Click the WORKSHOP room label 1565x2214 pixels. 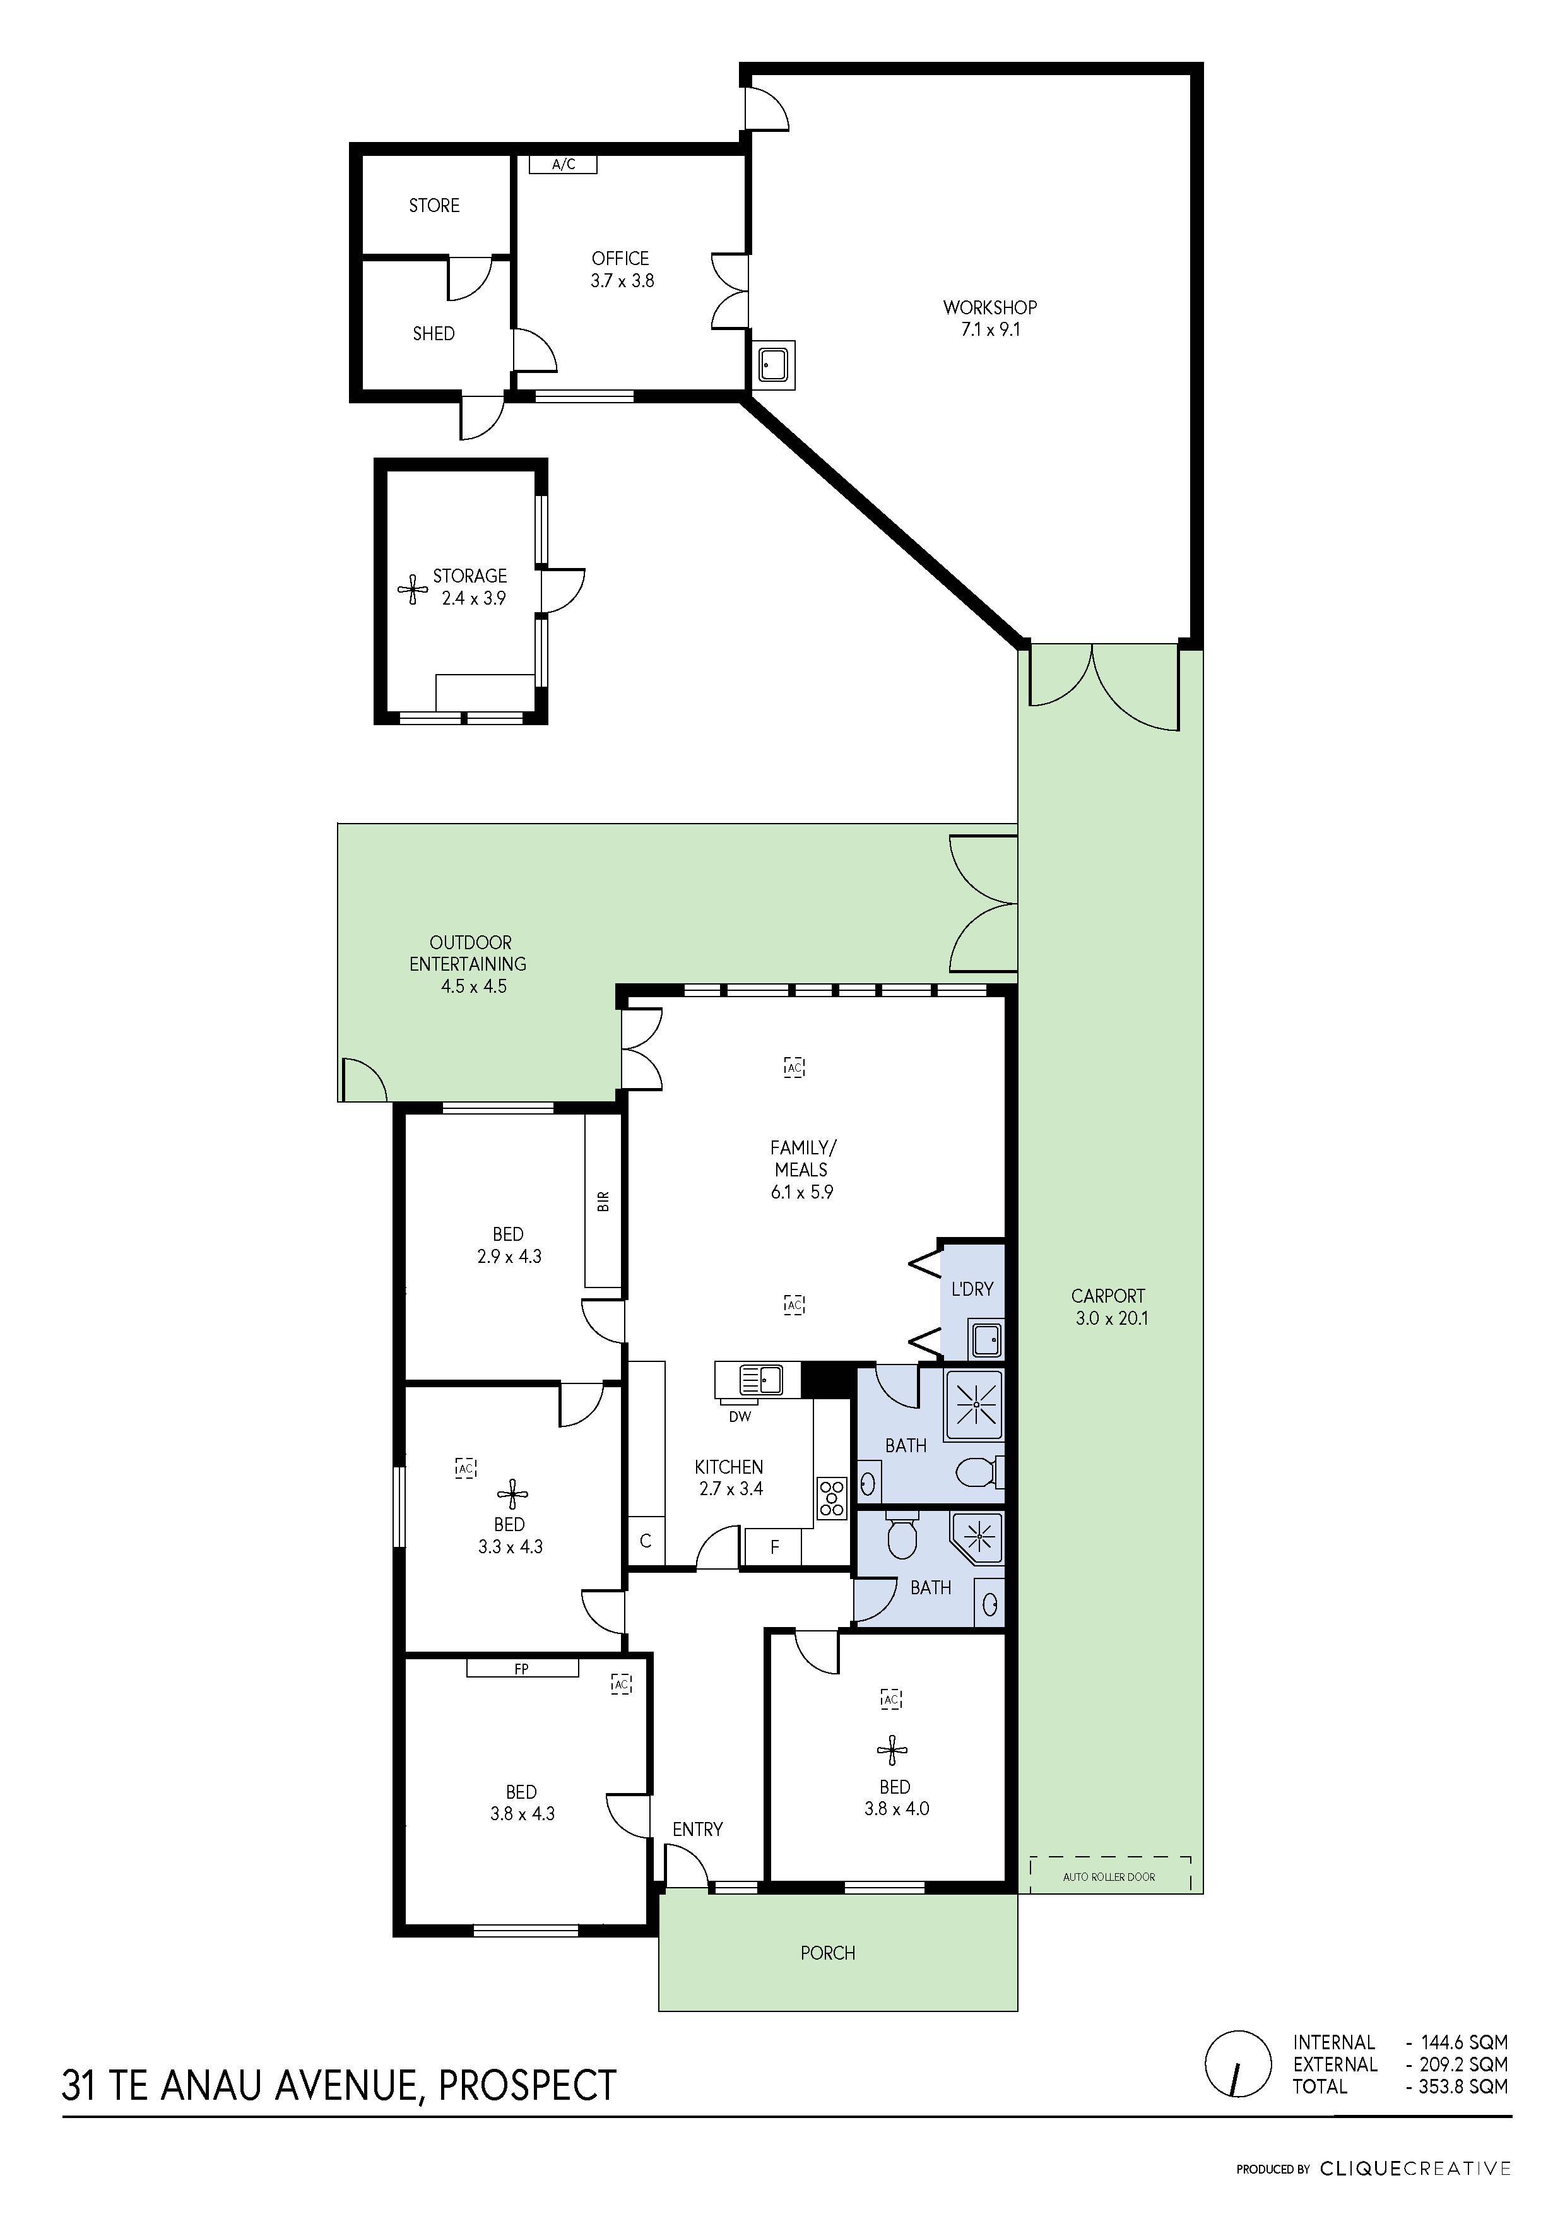(x=989, y=307)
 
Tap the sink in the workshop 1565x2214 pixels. (x=773, y=365)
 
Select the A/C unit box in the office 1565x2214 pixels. (x=563, y=165)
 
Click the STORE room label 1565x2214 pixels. (x=434, y=205)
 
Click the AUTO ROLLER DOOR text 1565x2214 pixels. (x=1109, y=1878)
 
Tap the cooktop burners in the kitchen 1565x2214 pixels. (x=831, y=1498)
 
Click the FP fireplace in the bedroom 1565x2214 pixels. (x=522, y=1668)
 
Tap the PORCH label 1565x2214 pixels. (x=827, y=1953)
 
